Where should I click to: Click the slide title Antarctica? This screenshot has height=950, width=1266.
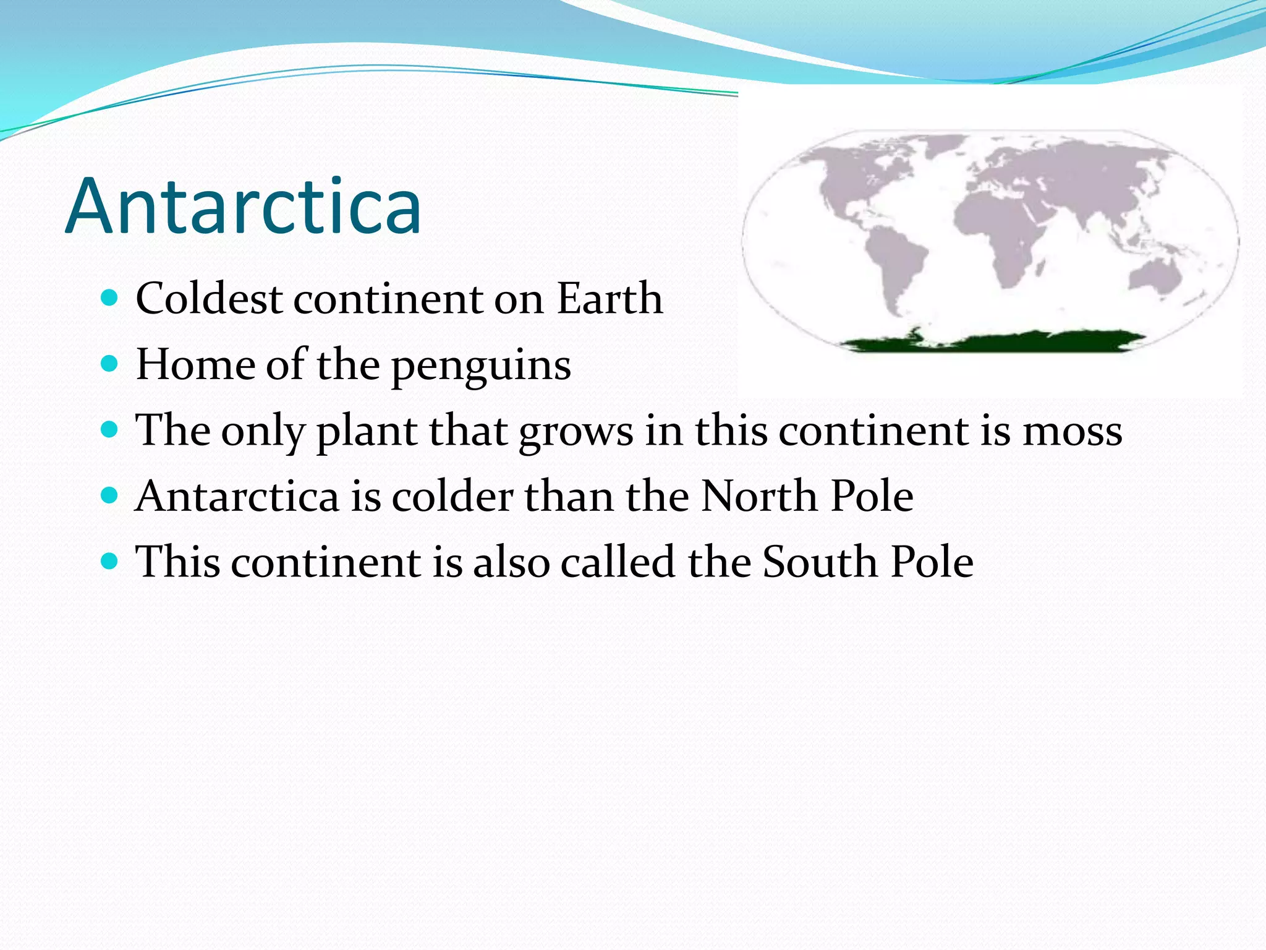[243, 206]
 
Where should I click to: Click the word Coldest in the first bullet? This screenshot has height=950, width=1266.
[209, 299]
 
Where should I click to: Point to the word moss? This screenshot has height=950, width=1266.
[1072, 431]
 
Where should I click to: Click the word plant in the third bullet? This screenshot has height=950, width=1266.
[366, 431]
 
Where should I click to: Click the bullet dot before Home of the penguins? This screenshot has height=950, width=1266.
[109, 364]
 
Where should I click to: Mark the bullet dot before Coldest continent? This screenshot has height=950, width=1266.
[109, 298]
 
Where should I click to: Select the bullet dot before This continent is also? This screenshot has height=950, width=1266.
[109, 562]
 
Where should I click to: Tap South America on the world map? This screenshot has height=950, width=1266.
[896, 260]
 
